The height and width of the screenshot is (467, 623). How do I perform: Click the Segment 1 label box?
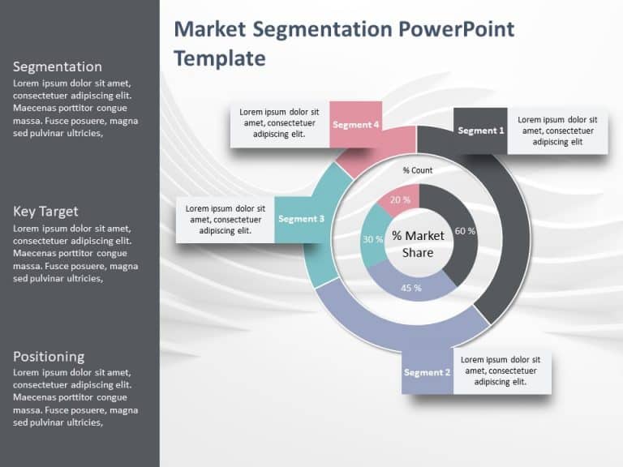[480, 130]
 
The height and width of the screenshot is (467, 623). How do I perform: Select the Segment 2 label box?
[427, 372]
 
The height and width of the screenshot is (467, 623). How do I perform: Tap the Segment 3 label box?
[301, 219]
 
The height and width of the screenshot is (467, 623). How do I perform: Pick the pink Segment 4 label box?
[355, 124]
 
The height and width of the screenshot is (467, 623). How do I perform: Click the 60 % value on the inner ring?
[465, 231]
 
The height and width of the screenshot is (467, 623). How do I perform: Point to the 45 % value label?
[411, 288]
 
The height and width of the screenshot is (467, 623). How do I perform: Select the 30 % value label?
[372, 239]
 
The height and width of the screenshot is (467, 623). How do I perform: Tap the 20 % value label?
[400, 199]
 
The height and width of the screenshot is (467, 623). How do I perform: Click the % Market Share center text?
[418, 244]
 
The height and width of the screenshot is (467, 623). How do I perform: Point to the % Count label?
[418, 170]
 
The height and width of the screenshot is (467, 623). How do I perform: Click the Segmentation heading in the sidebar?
[58, 66]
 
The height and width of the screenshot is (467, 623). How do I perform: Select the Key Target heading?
[45, 212]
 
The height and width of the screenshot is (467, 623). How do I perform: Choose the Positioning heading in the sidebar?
[49, 356]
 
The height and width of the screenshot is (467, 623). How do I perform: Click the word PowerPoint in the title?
[456, 30]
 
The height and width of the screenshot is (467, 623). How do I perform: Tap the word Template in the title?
[220, 58]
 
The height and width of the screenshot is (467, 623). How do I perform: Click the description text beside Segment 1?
[557, 131]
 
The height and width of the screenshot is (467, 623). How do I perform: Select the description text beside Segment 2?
[501, 371]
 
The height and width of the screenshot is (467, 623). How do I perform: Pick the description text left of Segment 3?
[225, 220]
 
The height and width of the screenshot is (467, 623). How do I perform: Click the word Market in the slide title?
[211, 30]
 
